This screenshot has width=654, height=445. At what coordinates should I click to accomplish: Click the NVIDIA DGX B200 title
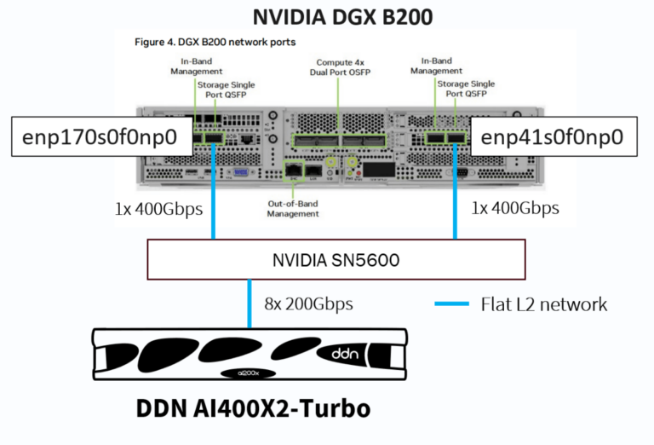[x=325, y=16]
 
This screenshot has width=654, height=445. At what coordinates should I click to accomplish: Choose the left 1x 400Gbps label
[x=158, y=208]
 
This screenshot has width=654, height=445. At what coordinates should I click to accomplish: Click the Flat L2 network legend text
[x=542, y=303]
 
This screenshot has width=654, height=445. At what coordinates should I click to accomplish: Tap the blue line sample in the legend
[x=450, y=303]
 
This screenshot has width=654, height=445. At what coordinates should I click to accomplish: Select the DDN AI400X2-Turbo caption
[x=253, y=409]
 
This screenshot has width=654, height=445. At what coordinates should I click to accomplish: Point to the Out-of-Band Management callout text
[x=292, y=208]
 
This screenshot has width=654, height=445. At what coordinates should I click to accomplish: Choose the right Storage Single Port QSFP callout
[x=465, y=90]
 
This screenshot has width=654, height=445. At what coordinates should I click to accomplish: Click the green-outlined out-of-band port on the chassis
[x=293, y=170]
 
